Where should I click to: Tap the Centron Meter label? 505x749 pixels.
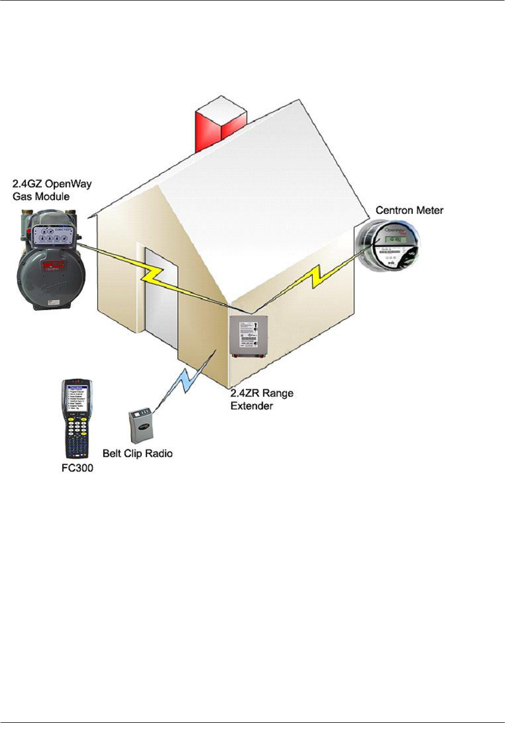coord(409,210)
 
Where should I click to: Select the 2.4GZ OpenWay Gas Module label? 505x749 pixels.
coord(52,190)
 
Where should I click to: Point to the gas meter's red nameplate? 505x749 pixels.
coord(53,266)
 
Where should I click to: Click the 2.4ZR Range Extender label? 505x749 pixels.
coord(262,400)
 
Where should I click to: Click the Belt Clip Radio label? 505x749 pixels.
coord(138,454)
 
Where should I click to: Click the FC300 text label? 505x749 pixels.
coord(77,468)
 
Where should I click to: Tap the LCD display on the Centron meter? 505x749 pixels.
coord(395,240)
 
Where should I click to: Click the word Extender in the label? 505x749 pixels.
coord(252,406)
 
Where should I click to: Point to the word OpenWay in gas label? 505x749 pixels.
coord(69,184)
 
